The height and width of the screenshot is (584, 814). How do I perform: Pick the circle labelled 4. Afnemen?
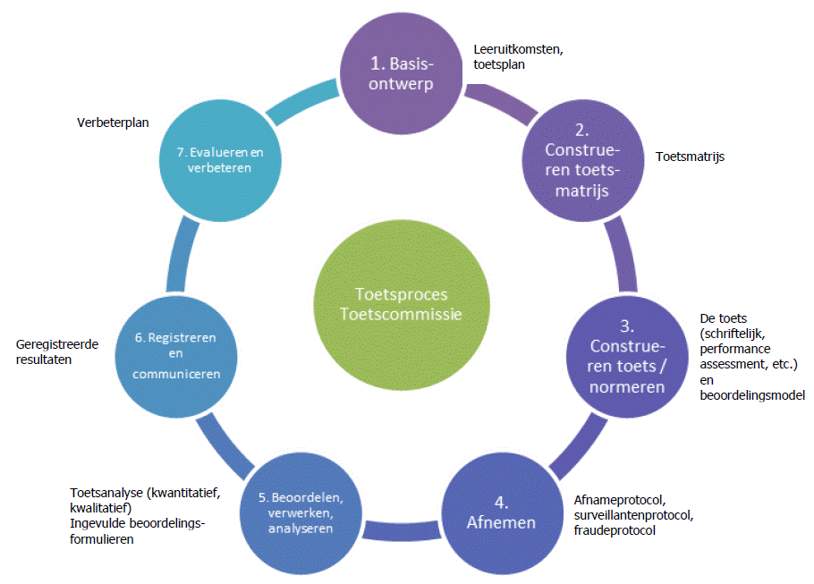pos(502,522)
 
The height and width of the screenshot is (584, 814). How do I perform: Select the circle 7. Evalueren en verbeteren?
pos(214,157)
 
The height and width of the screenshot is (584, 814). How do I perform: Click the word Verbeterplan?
pos(113,123)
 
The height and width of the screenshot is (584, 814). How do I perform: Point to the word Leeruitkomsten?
pos(518,50)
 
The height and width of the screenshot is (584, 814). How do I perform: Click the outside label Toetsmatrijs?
pos(690,157)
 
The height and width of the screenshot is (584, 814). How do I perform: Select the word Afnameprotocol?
pos(615,501)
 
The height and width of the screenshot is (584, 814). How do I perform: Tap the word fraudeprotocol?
pos(615,530)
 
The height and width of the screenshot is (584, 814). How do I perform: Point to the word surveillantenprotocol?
pos(633,516)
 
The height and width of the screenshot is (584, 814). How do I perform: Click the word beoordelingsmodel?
pos(753,394)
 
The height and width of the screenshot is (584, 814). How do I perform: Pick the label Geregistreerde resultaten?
pos(58,351)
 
